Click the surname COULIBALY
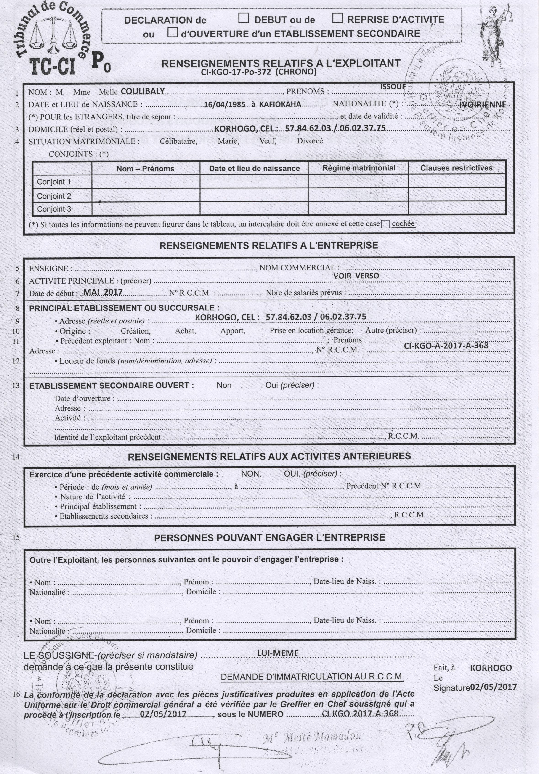pos(143,91)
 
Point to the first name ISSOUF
pos(393,87)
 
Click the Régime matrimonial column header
pos(359,168)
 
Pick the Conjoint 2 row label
pos(54,196)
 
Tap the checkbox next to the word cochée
pos(385,224)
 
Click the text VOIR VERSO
pos(356,276)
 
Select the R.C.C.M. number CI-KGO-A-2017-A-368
pos(446,345)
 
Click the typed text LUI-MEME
pos(278,653)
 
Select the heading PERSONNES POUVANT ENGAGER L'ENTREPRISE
pos(269,537)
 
